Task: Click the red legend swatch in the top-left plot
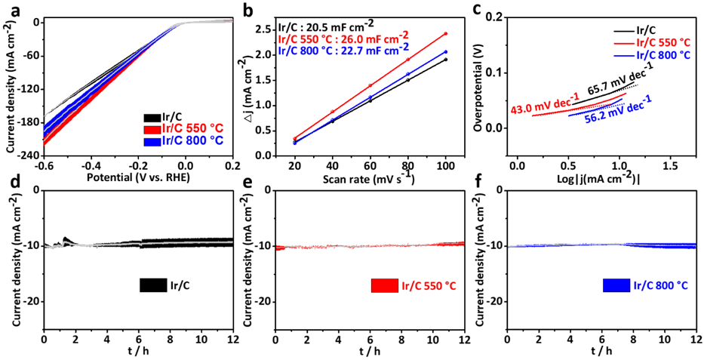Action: click(x=152, y=129)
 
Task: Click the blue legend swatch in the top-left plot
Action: click(x=152, y=141)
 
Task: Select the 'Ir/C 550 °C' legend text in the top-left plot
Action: click(x=193, y=128)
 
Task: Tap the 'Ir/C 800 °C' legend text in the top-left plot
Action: click(x=193, y=141)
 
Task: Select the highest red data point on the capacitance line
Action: click(x=446, y=33)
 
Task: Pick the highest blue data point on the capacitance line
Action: click(x=446, y=51)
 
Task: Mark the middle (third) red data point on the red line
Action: click(x=370, y=85)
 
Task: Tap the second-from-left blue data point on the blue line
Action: click(x=332, y=119)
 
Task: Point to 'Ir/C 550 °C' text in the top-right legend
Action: click(x=663, y=43)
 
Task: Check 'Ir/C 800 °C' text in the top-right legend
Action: click(x=663, y=56)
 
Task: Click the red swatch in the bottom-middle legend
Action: click(x=384, y=286)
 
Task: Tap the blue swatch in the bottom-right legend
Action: click(x=616, y=286)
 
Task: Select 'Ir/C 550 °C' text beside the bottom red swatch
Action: click(x=429, y=286)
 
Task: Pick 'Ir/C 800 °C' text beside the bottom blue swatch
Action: click(x=661, y=286)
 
